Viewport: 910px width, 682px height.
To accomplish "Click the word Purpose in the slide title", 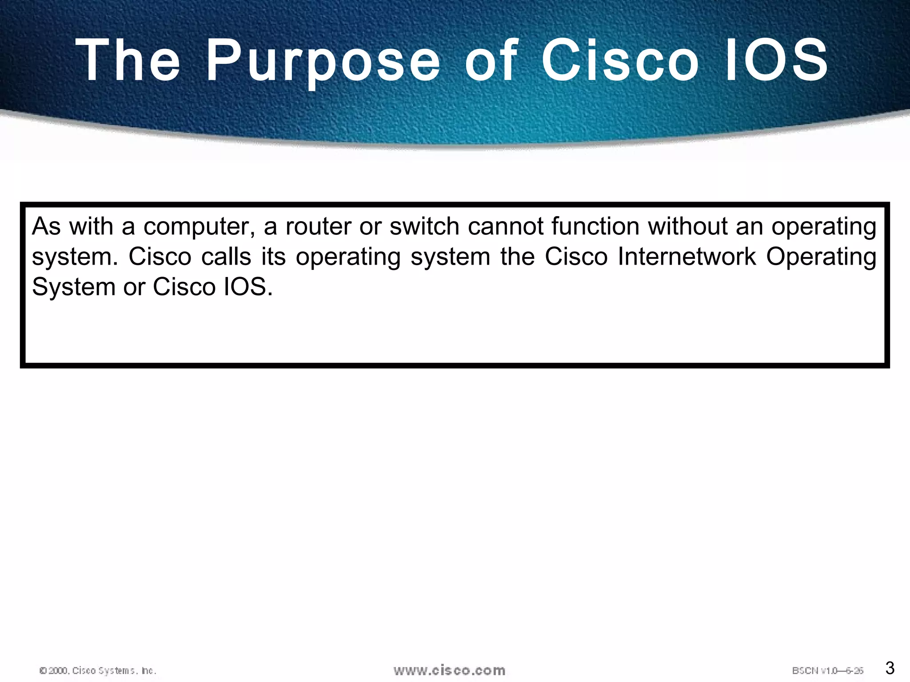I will click(323, 61).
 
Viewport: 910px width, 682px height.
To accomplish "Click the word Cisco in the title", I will click(620, 60).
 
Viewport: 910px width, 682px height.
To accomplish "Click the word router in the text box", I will click(318, 226).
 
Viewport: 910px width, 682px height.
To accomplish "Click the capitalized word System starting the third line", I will click(73, 287).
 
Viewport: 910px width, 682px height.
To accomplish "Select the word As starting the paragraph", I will click(46, 226).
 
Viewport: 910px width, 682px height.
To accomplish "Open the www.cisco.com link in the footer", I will click(449, 670).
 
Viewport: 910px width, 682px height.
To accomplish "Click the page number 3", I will click(890, 668).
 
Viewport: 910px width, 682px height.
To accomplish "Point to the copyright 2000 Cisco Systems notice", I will click(98, 670).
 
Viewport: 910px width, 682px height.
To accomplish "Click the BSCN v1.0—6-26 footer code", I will click(827, 670).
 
